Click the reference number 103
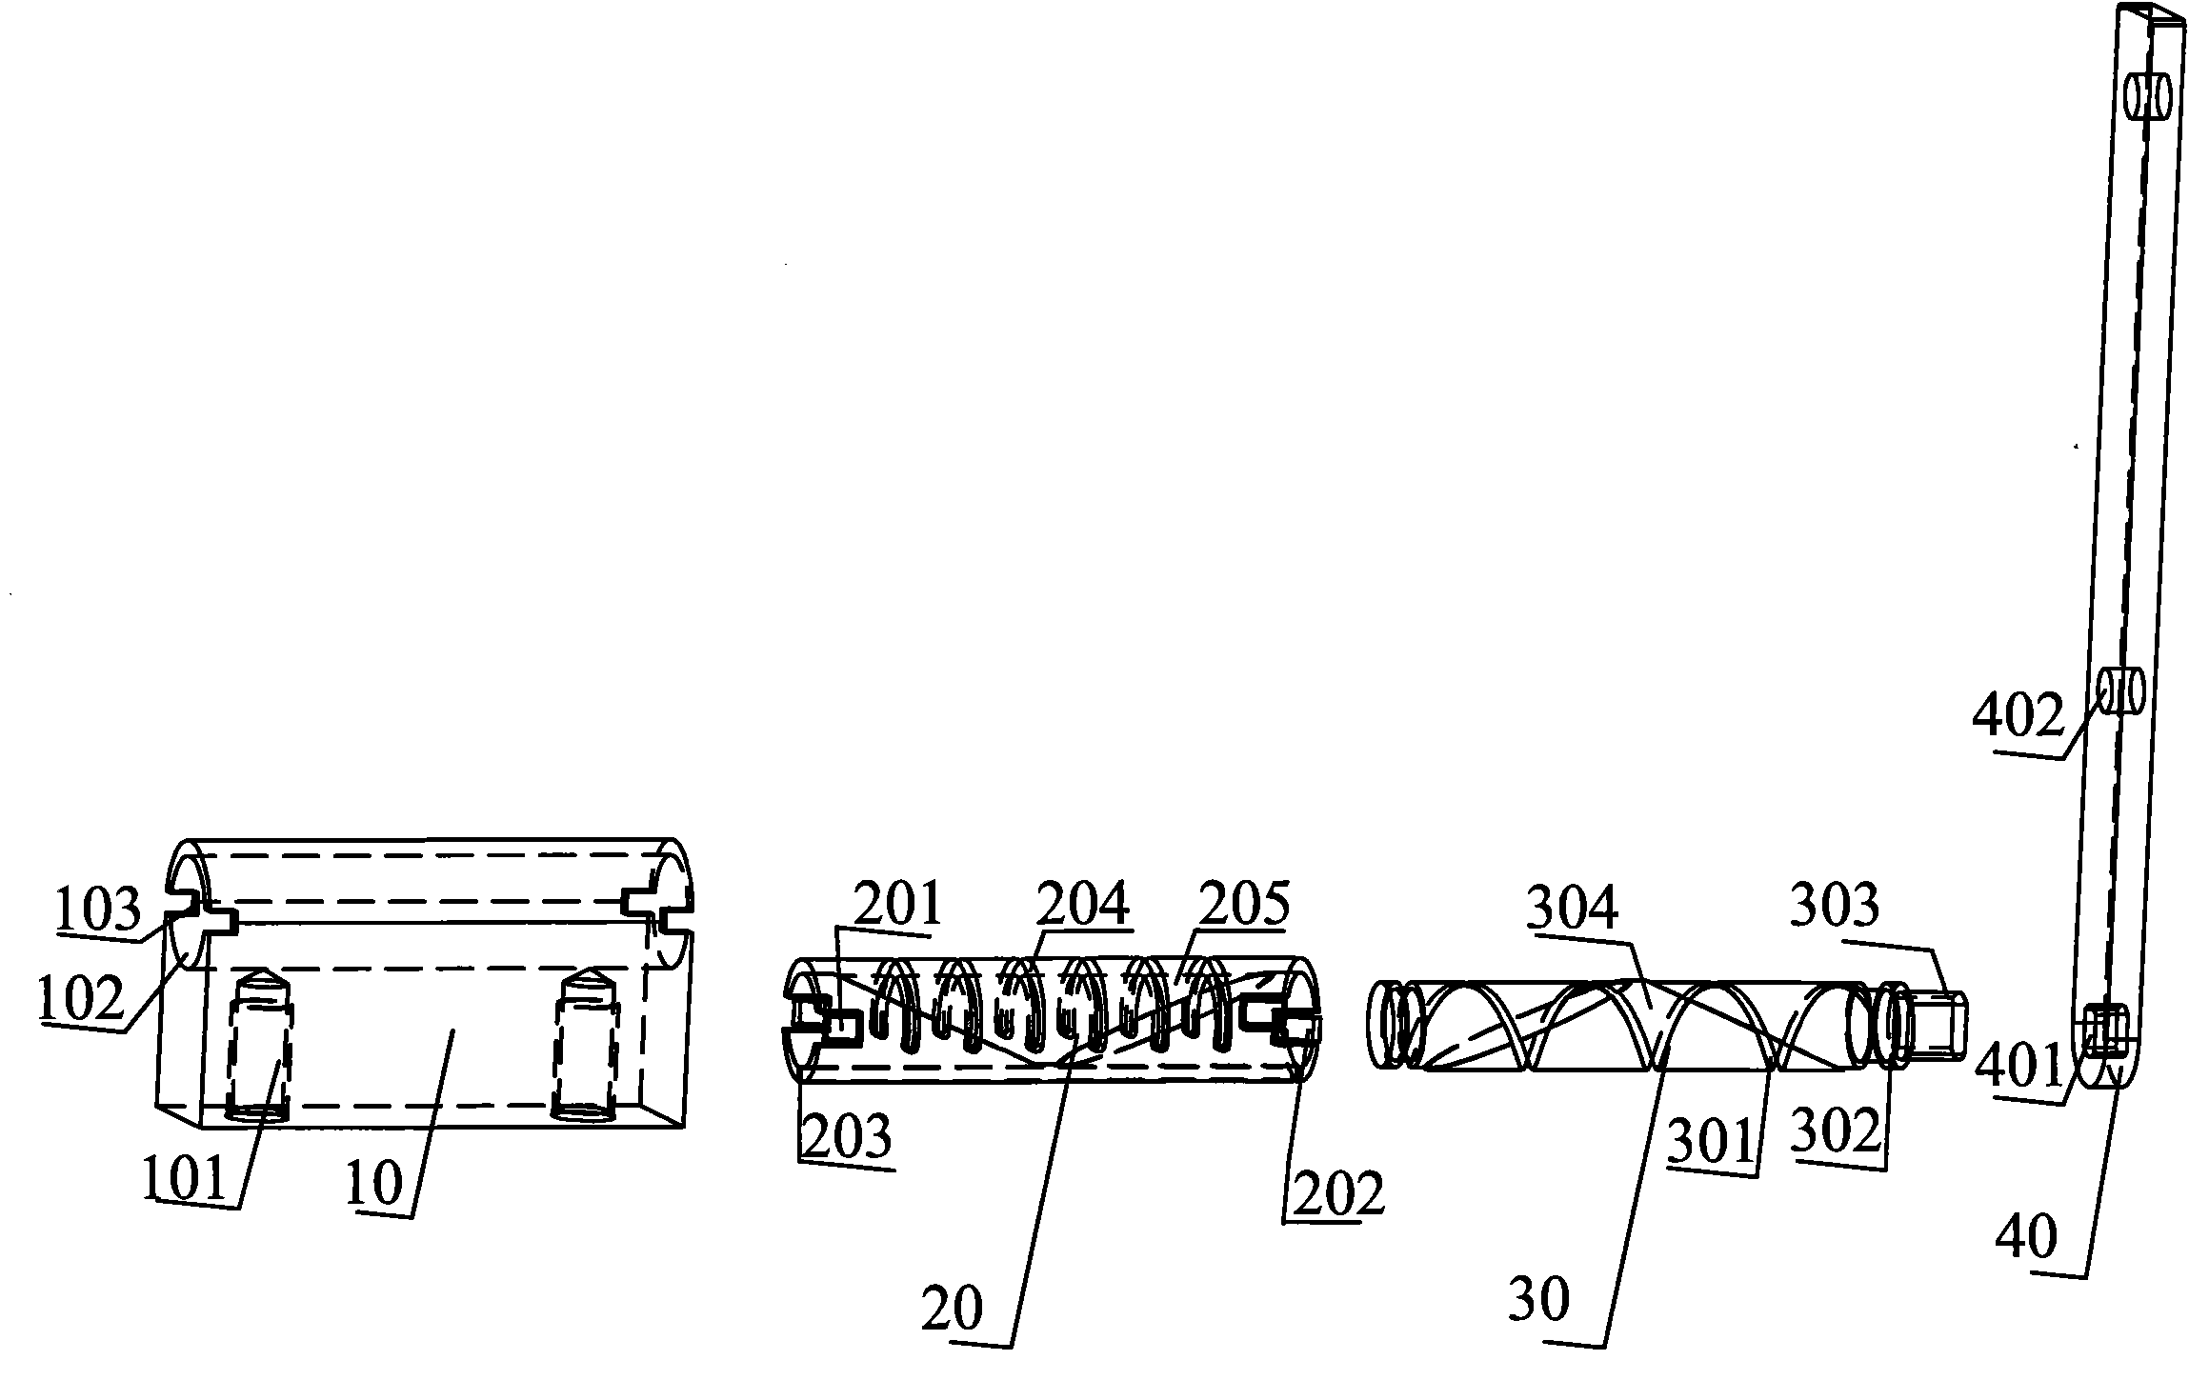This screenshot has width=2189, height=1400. [x=99, y=910]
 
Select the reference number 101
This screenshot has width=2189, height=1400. [x=185, y=1179]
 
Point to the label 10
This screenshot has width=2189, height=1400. [x=375, y=1185]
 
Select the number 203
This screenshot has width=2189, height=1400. [x=847, y=1136]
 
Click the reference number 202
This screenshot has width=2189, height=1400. [x=1334, y=1192]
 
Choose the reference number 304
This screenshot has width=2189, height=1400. [x=1572, y=910]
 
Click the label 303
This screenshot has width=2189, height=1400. [x=1835, y=906]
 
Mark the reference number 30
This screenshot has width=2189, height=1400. [x=1539, y=1298]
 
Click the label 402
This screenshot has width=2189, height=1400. [x=2017, y=715]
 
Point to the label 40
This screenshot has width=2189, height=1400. [x=2026, y=1238]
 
